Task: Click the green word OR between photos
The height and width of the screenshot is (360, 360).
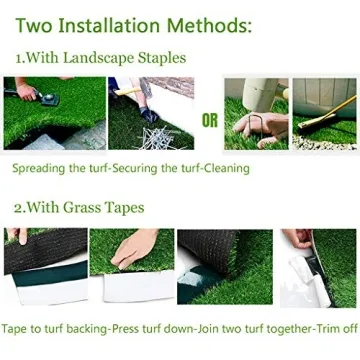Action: click(208, 122)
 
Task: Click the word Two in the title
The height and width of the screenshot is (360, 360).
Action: click(37, 22)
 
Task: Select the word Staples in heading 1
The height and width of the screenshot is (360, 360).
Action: click(159, 59)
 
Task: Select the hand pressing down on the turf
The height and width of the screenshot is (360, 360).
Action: click(131, 250)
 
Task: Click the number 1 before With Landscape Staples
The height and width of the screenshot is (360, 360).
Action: click(19, 59)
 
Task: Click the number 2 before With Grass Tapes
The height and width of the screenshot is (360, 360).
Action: click(19, 208)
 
